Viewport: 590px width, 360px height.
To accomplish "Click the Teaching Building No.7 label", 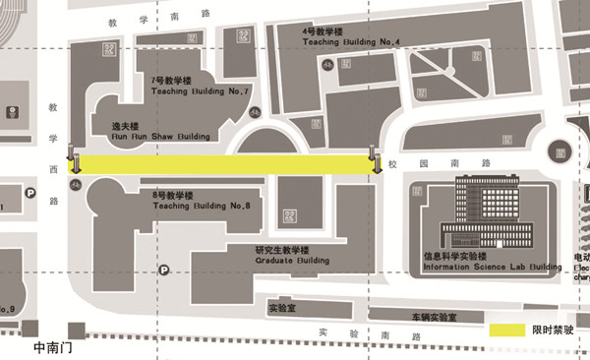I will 200,86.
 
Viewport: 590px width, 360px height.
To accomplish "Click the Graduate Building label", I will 292,256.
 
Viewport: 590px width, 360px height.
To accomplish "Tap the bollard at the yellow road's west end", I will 72,159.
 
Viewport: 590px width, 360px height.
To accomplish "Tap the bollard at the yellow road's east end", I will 374,159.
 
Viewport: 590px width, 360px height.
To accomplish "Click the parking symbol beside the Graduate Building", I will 164,268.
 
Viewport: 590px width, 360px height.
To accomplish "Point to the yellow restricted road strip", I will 223,165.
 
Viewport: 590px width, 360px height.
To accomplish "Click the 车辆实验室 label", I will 434,317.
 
